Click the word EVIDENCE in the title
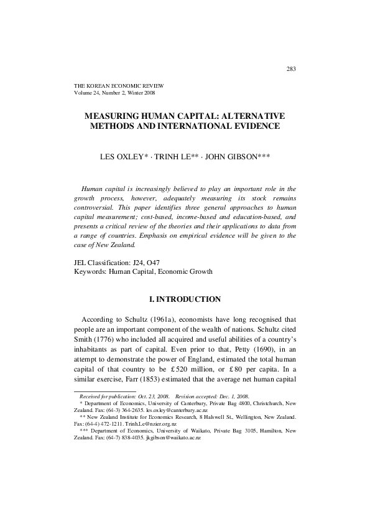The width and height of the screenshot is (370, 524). pyautogui.click(x=252, y=126)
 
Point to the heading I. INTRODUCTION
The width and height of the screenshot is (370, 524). pyautogui.click(x=185, y=299)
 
